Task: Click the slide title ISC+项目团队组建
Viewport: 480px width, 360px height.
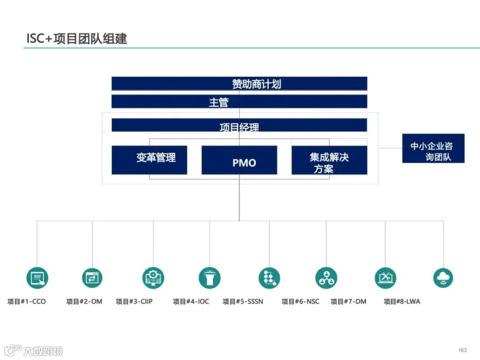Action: [77, 38]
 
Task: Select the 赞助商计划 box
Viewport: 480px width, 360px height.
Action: [239, 84]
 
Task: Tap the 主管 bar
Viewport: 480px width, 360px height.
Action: [239, 101]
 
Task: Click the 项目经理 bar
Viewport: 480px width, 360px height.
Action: [239, 126]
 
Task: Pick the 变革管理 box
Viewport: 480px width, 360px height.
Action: [149, 159]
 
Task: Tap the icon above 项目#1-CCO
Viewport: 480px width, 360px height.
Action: [37, 277]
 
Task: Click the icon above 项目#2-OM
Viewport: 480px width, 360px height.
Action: [92, 277]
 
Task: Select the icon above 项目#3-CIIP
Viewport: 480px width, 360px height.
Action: [153, 277]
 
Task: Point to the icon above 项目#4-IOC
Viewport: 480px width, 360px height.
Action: [210, 277]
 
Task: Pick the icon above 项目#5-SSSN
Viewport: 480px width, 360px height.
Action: [269, 277]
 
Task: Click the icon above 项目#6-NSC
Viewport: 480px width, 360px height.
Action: [326, 277]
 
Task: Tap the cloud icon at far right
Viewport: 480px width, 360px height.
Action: [443, 277]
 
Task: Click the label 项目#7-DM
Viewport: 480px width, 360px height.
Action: [348, 302]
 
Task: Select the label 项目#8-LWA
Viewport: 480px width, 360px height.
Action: [402, 302]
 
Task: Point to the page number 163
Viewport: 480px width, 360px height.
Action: [462, 350]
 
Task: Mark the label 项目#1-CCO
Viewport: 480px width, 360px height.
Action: [27, 302]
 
